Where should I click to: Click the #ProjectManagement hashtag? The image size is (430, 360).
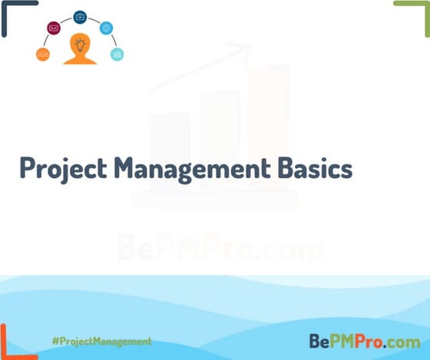(x=101, y=340)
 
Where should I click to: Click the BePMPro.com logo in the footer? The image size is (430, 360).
(x=365, y=340)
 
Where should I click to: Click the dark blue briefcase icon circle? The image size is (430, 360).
(x=80, y=17)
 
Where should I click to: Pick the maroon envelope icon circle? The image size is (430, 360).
(x=54, y=28)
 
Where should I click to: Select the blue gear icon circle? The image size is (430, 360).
(x=106, y=28)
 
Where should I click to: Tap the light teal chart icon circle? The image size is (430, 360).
(x=117, y=54)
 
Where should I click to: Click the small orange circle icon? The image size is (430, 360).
(x=43, y=54)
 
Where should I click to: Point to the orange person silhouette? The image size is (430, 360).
(x=80, y=51)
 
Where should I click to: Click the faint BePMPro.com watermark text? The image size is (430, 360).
(x=220, y=247)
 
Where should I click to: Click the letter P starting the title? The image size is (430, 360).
(x=27, y=168)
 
